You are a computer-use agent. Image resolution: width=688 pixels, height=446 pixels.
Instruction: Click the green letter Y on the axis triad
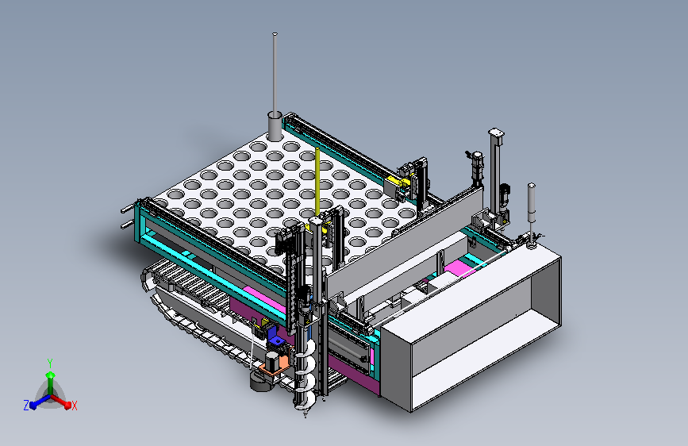coord(50,363)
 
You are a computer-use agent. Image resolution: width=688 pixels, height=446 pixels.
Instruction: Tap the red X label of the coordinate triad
coord(74,406)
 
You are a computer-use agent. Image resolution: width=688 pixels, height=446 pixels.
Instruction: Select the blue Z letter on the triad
coord(26,406)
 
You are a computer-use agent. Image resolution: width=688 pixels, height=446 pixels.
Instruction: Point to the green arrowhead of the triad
coord(51,375)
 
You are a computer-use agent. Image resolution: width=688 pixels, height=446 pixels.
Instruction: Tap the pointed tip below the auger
coord(306,414)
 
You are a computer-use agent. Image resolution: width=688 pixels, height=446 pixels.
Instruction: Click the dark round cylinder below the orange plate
coord(259,382)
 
